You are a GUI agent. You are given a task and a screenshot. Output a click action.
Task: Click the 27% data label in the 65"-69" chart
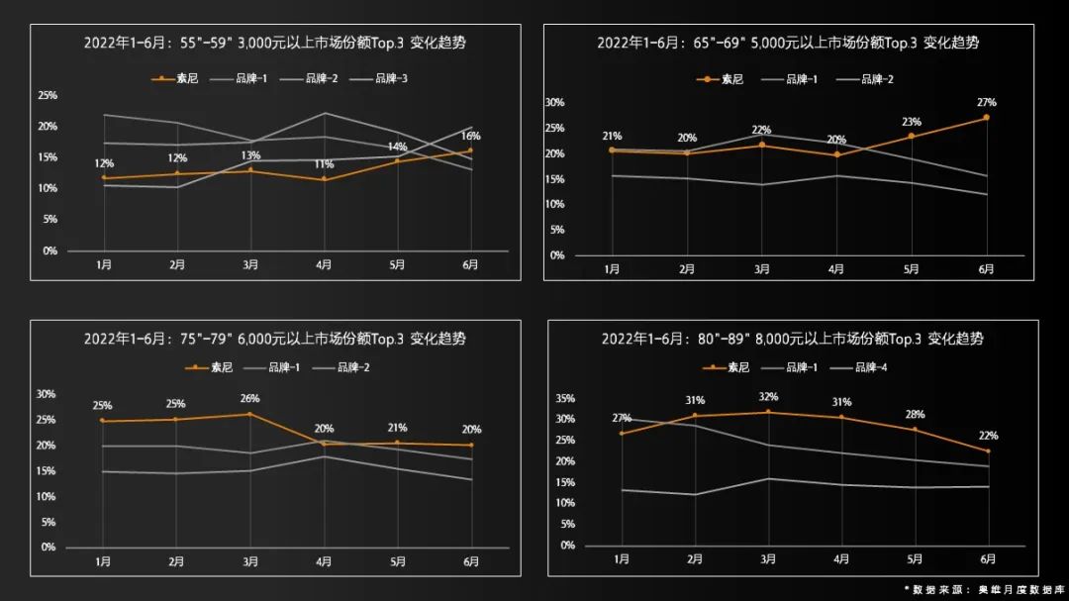click(986, 102)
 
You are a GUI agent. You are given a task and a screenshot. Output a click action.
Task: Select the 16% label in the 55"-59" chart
click(471, 136)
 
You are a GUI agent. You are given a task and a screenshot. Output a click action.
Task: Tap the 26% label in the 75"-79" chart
click(249, 399)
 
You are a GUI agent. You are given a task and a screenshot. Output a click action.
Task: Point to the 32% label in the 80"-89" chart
click(768, 397)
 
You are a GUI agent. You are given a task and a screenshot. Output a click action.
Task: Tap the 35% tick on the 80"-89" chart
click(566, 398)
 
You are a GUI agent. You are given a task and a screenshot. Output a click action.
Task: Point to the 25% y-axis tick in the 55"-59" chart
click(48, 96)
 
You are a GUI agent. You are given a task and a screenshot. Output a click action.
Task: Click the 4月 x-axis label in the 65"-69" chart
click(836, 269)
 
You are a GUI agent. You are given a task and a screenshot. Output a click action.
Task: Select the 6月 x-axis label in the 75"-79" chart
click(471, 561)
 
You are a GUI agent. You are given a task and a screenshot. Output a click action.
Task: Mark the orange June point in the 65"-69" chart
click(986, 118)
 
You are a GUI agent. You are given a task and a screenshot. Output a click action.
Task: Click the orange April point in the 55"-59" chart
click(324, 179)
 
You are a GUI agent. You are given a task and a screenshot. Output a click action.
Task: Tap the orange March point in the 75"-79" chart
click(249, 414)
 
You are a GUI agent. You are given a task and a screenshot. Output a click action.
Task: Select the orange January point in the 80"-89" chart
click(622, 433)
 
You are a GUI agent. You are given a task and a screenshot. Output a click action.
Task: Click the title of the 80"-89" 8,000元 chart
click(792, 339)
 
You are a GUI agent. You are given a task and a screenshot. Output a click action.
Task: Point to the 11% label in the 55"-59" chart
click(324, 164)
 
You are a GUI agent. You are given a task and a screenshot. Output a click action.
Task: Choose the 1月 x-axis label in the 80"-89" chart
click(622, 559)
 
